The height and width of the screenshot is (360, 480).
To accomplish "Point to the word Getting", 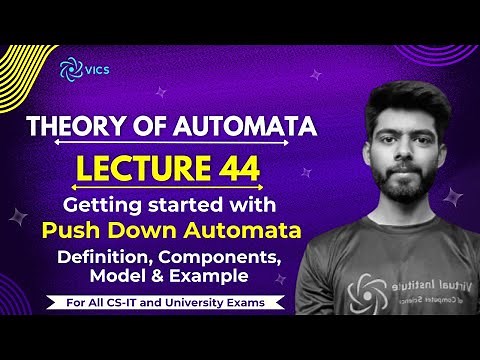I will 97,206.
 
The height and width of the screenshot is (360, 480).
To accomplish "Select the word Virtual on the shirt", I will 410,288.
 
